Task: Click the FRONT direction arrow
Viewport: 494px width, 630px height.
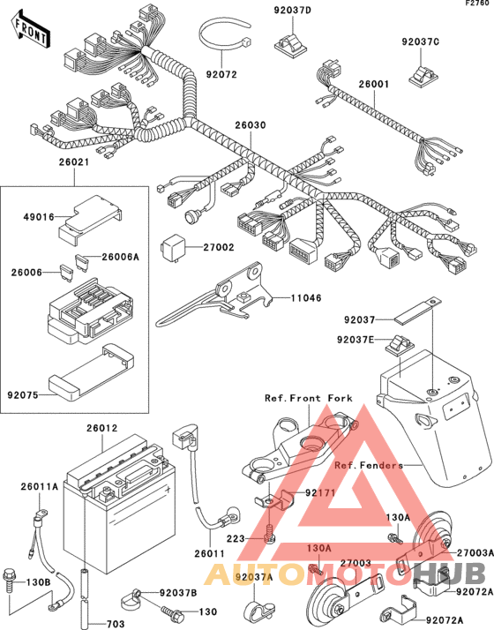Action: pyautogui.click(x=31, y=31)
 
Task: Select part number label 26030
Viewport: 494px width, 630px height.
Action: pyautogui.click(x=251, y=125)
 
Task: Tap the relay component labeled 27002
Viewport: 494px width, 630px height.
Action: pyautogui.click(x=172, y=247)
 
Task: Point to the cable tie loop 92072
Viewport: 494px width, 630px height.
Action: pyautogui.click(x=225, y=40)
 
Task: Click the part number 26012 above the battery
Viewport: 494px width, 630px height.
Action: pyautogui.click(x=102, y=428)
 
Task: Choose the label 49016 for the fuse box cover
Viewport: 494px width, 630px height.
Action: pyautogui.click(x=39, y=217)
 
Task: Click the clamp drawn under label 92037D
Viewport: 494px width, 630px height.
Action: pyautogui.click(x=290, y=44)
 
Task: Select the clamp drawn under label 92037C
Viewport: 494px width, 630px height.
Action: pyautogui.click(x=423, y=76)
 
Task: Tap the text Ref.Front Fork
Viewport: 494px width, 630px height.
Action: pyautogui.click(x=309, y=398)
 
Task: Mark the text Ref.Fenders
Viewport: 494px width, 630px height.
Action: pyautogui.click(x=369, y=465)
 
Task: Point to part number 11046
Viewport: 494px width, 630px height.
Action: pyautogui.click(x=306, y=298)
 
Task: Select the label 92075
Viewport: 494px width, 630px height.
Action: pyautogui.click(x=23, y=395)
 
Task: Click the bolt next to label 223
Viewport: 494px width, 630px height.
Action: pyautogui.click(x=269, y=535)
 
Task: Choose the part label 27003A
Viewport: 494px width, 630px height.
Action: pyautogui.click(x=475, y=553)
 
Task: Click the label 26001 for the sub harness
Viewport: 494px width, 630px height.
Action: pyautogui.click(x=374, y=85)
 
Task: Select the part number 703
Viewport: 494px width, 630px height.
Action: pyautogui.click(x=116, y=624)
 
